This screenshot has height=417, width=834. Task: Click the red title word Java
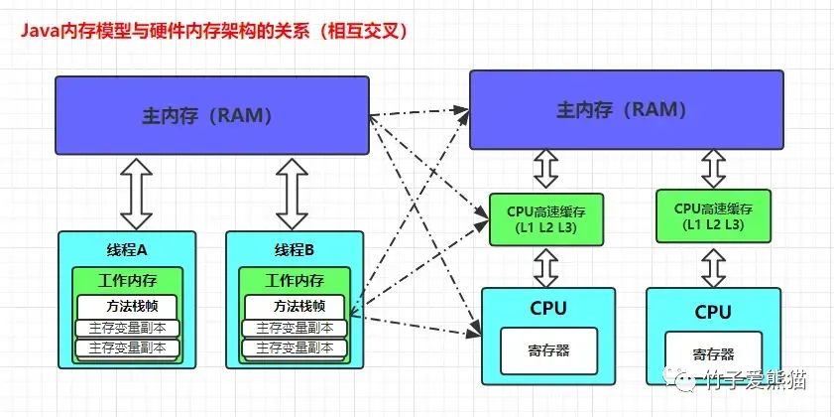(37, 32)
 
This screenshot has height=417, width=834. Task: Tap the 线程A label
(126, 248)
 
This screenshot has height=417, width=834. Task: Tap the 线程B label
(295, 248)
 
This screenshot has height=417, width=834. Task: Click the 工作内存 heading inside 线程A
(126, 281)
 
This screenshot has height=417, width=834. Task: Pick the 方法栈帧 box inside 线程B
(295, 306)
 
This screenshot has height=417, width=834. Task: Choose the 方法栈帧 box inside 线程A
(126, 306)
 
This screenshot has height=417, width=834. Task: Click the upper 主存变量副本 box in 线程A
(127, 328)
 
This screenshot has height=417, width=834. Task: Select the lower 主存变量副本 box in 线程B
(296, 347)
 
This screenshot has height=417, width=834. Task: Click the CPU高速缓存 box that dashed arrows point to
(546, 218)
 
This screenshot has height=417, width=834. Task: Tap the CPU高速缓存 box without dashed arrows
(713, 216)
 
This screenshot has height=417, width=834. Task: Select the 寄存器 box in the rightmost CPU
(713, 353)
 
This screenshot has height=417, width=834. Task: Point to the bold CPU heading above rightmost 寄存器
(713, 312)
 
